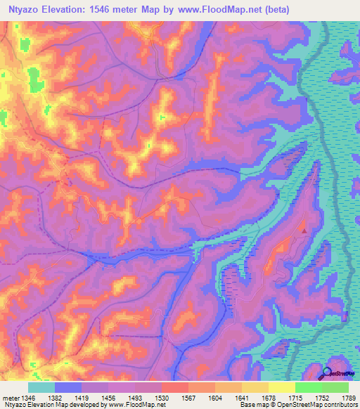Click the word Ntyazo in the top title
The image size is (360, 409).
(25, 8)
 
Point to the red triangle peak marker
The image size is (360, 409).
(304, 229)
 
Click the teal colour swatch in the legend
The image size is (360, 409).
(41, 387)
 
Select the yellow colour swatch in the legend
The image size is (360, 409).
(282, 387)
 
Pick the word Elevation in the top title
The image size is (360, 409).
(67, 8)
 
